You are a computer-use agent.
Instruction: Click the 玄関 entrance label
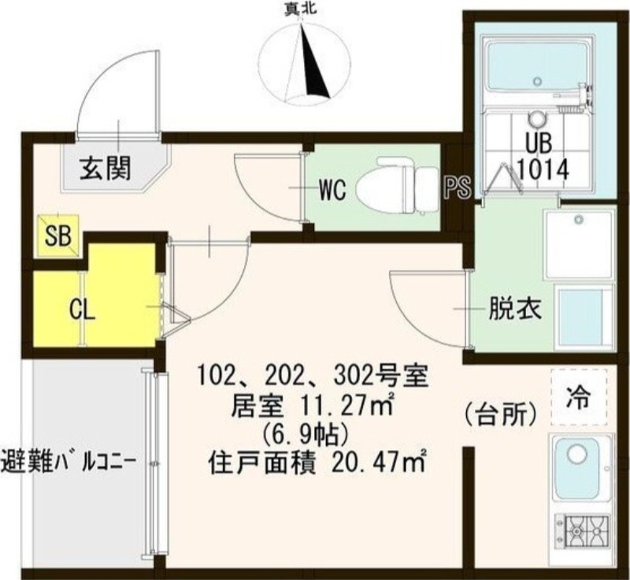(x=104, y=167)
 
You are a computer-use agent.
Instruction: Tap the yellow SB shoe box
(x=57, y=235)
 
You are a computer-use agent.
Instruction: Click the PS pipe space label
(x=457, y=188)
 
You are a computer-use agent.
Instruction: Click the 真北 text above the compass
(x=302, y=10)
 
